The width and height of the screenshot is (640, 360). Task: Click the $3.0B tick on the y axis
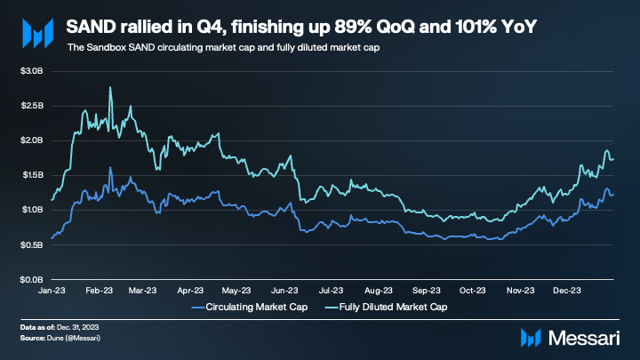32,70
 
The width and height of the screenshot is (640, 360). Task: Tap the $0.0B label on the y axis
32,280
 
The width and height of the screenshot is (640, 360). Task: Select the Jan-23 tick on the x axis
52,291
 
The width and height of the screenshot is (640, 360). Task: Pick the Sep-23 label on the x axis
426,291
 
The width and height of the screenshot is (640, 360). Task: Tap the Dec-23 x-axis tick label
566,291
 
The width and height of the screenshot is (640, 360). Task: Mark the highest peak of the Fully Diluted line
109,87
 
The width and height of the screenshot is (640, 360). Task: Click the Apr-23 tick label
192,291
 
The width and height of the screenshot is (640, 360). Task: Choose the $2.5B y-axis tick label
32,105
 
